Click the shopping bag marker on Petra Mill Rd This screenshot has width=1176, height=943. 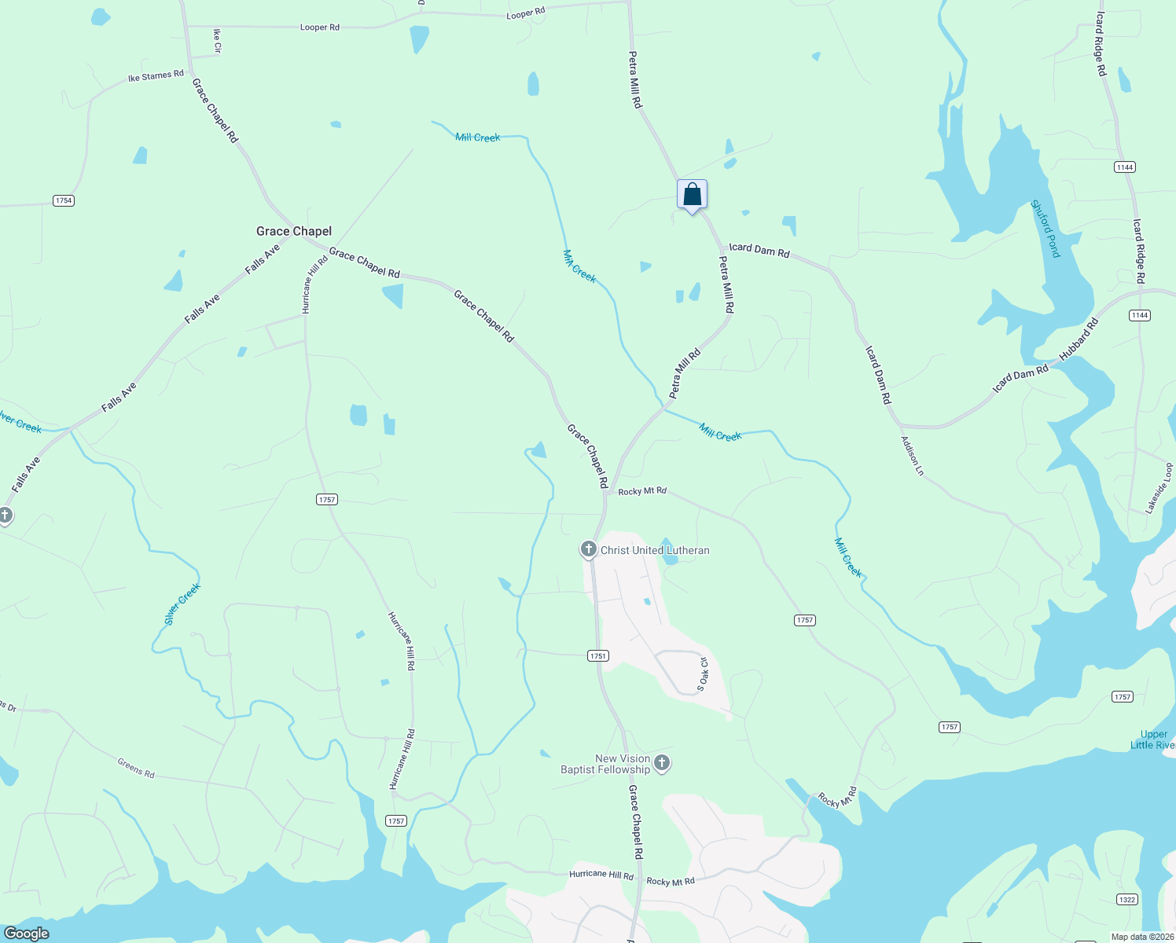692,194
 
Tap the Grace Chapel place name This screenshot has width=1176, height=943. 294,231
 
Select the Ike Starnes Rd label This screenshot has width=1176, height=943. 156,76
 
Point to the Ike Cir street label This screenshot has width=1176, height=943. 218,41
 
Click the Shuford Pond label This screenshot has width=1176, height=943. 1046,229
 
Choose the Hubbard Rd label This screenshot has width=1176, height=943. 1079,339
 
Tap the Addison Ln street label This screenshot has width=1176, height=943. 913,456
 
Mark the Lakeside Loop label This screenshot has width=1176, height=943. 1159,488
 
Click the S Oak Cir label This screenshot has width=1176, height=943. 703,674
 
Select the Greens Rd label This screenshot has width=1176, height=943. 136,768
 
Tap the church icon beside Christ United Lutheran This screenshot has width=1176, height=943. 588,549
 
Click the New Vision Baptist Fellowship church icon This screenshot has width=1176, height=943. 662,763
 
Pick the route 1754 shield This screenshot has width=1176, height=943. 64,200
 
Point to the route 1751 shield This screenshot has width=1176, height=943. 598,655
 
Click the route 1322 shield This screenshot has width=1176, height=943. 1126,900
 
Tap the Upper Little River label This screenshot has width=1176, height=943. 1152,739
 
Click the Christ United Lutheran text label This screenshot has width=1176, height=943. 655,551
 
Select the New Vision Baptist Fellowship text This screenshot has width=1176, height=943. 605,764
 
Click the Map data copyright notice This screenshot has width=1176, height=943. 1142,937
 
